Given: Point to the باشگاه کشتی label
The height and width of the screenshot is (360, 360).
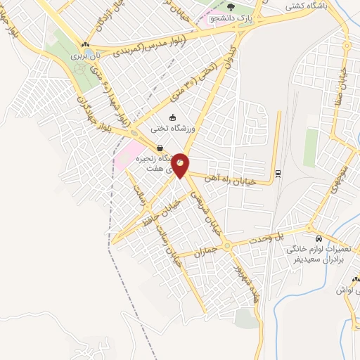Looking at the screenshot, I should [309, 6].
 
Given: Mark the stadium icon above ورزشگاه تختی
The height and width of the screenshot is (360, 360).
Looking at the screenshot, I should [173, 117].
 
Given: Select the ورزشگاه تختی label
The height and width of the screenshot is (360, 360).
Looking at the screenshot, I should [176, 129].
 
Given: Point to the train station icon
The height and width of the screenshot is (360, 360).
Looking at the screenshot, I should [278, 174].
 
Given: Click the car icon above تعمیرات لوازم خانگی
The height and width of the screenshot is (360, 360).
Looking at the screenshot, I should [319, 238].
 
